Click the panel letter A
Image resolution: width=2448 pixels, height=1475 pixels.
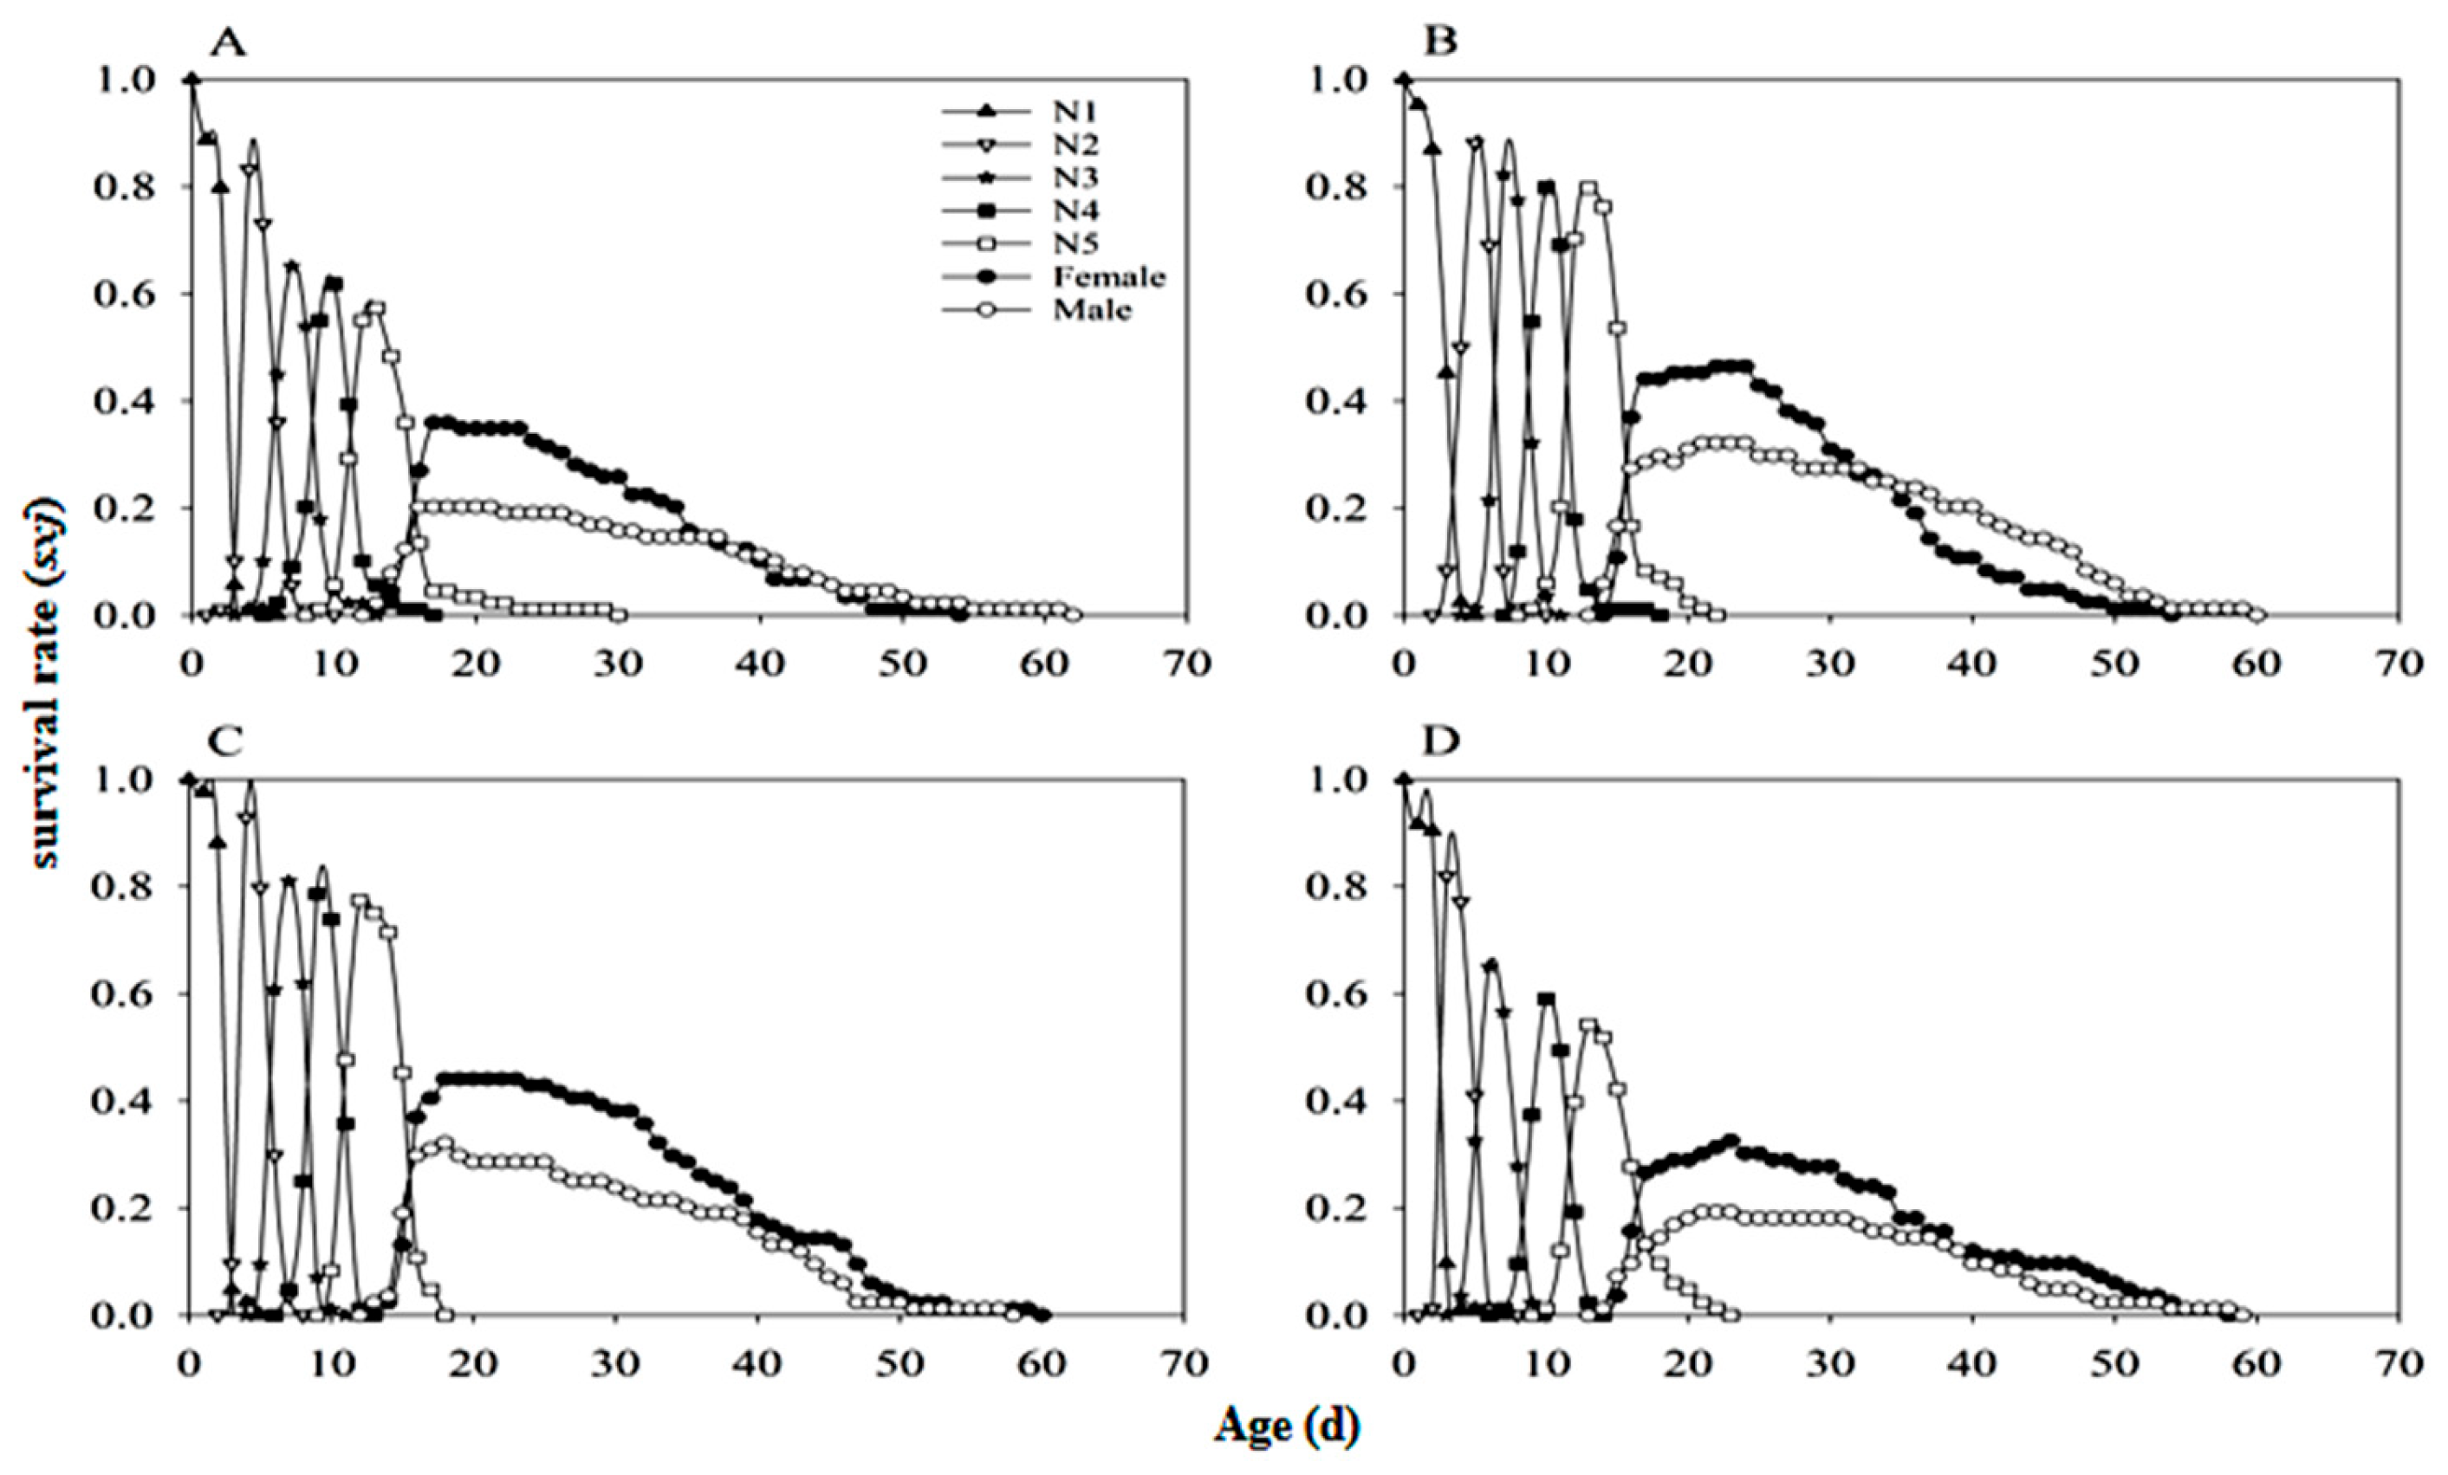229,46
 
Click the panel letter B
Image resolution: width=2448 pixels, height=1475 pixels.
1440,46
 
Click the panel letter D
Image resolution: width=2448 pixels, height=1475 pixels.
1440,743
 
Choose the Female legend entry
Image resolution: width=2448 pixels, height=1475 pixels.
1107,277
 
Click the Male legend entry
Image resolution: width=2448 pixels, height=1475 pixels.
1091,310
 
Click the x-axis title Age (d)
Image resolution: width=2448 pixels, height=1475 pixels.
1286,1426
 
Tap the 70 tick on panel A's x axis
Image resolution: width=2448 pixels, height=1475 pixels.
1186,663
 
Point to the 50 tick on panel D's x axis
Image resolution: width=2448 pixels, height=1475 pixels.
2114,1362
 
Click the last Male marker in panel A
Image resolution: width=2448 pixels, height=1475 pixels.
1073,615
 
